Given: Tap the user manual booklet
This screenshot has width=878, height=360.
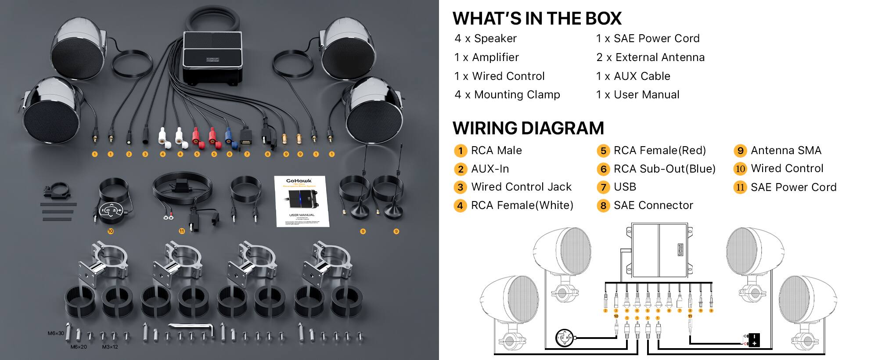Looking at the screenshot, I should point(302,201).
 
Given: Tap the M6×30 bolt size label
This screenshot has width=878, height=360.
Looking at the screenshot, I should point(56,333).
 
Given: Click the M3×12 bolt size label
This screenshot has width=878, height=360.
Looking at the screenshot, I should point(110,347).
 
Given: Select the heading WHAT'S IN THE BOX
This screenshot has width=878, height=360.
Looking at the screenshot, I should point(537,18).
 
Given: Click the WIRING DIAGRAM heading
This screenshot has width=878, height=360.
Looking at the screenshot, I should point(528,128).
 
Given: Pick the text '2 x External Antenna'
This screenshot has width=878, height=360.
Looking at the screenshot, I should point(650,58).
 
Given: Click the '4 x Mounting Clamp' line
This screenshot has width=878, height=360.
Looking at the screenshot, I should point(507,95).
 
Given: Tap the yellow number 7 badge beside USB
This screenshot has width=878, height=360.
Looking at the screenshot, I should point(603,187).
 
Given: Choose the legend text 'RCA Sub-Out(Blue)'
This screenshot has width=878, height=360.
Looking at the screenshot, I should point(664,169).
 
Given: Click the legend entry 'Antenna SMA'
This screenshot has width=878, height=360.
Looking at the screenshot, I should point(786,151).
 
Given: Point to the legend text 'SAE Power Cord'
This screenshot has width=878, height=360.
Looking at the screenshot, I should point(793,187).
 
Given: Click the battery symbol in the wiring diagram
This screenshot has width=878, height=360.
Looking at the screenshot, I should point(753,340).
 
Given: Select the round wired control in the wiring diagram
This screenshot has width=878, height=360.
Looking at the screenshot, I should point(564,338).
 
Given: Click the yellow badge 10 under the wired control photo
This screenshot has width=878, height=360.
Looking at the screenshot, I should point(110,231).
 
